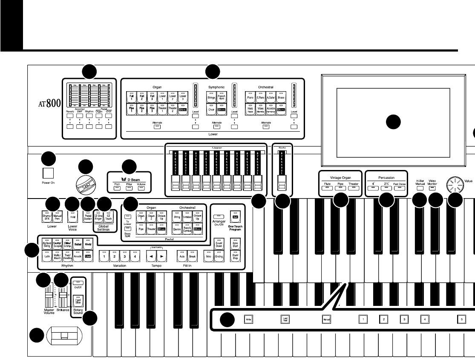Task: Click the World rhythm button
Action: (x=87, y=245)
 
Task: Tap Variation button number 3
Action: (x=124, y=257)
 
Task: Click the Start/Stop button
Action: (x=233, y=257)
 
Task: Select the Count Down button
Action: (x=219, y=245)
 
